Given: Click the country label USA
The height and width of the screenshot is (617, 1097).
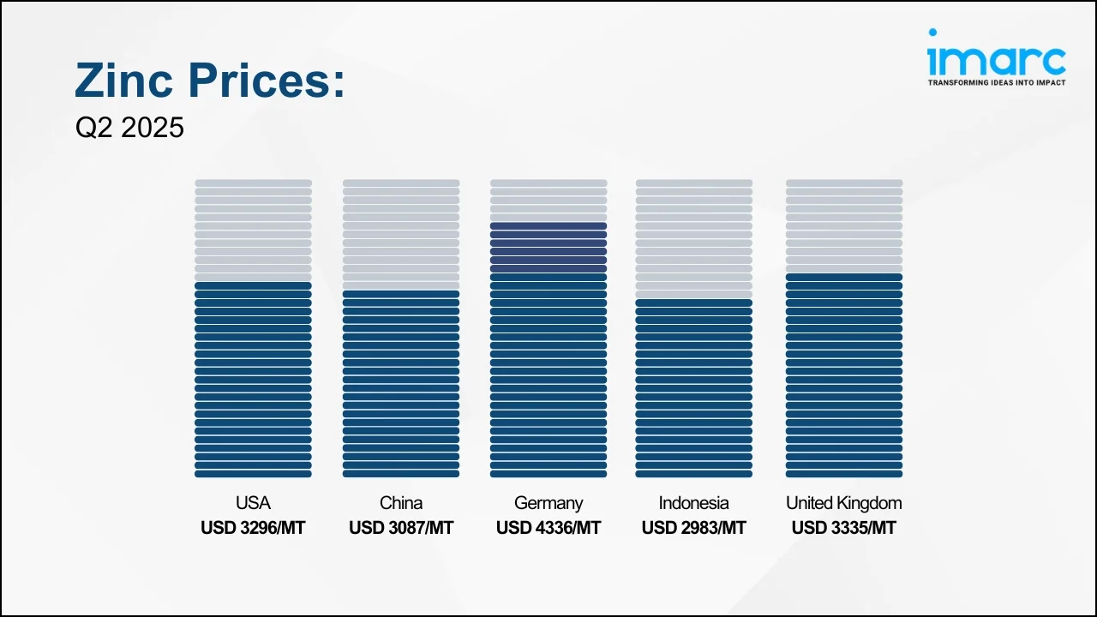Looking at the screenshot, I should [253, 503].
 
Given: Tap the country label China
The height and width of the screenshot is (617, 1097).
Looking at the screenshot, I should [401, 503].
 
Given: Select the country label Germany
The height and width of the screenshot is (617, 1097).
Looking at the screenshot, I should [548, 503].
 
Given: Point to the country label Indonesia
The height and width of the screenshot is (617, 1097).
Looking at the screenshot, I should [694, 503].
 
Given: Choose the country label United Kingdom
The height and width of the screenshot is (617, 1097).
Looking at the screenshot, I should [844, 503].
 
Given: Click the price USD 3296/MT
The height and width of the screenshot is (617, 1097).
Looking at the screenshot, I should [253, 528].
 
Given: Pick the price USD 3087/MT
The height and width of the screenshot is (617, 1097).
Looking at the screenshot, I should [401, 528].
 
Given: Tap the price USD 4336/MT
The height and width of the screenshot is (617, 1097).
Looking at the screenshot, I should [548, 528].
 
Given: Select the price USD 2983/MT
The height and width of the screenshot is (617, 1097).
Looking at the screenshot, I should [694, 528].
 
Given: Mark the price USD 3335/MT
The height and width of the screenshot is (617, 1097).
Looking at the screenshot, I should [844, 528].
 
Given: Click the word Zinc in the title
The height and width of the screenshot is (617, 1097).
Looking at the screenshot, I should [124, 81].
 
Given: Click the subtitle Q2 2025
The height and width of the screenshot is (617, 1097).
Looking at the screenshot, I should [129, 128].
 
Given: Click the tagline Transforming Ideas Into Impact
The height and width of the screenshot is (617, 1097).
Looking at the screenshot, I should [997, 82].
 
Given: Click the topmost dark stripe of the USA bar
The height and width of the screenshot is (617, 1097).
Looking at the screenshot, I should [253, 285].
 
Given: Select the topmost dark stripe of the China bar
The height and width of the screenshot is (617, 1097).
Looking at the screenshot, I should [401, 294].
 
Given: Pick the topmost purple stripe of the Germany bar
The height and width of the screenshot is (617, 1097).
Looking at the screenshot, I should [548, 226].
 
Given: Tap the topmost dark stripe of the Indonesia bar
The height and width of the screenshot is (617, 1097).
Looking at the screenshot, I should [694, 303].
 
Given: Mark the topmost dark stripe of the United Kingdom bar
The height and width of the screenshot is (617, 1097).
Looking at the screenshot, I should [844, 277].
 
